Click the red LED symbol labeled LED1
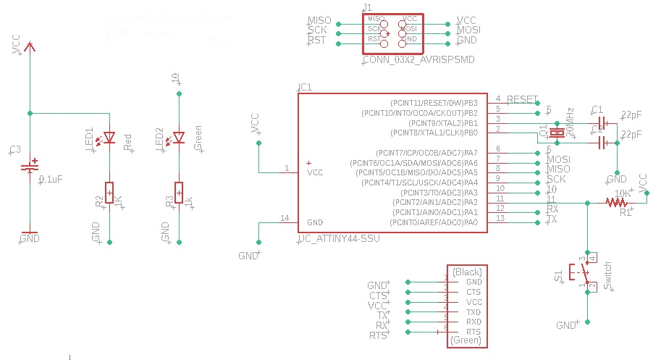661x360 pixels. click(x=109, y=137)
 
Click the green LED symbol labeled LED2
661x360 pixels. click(x=179, y=137)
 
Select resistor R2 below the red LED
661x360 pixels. click(x=109, y=193)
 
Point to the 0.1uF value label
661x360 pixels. click(x=51, y=179)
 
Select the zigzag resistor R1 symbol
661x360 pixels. click(x=618, y=203)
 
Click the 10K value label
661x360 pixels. click(x=622, y=193)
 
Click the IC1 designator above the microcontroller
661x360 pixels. click(x=305, y=87)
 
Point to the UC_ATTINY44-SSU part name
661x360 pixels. click(x=339, y=239)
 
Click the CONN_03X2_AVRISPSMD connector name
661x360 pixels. click(x=418, y=60)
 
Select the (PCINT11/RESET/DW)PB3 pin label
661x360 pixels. click(x=434, y=103)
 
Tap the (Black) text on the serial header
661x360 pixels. click(x=467, y=272)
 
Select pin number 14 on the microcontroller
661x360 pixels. click(x=284, y=218)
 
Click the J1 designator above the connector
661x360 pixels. click(x=366, y=7)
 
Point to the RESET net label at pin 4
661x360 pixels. click(x=522, y=99)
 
